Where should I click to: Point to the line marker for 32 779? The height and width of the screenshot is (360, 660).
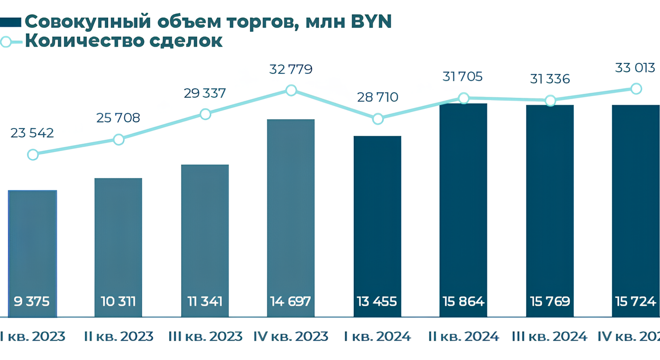pyautogui.click(x=291, y=90)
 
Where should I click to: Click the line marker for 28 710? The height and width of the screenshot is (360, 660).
pyautogui.click(x=378, y=119)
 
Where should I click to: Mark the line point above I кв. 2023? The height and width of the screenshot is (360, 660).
pyautogui.click(x=32, y=155)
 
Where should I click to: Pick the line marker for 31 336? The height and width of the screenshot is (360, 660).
pyautogui.click(x=550, y=101)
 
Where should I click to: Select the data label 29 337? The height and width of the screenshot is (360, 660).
pyautogui.click(x=205, y=93)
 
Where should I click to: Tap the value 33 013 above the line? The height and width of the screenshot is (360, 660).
pyautogui.click(x=635, y=68)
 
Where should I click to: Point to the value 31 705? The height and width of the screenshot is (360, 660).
pyautogui.click(x=463, y=77)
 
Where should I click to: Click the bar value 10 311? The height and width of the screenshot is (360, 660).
pyautogui.click(x=118, y=301)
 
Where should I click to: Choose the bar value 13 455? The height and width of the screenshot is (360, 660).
pyautogui.click(x=377, y=301)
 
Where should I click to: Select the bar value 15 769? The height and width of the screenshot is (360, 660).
pyautogui.click(x=550, y=301)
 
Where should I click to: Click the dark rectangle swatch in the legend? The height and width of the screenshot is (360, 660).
pyautogui.click(x=10, y=22)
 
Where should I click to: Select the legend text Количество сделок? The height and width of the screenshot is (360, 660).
pyautogui.click(x=124, y=41)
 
